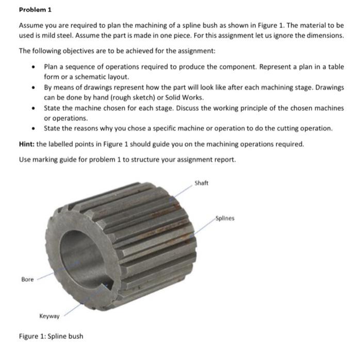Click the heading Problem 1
coord(35,10)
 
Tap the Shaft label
coord(201,183)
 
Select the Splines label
coord(224,218)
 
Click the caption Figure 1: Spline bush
coord(51,336)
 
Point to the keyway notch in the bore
coord(108,283)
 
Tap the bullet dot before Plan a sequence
coord(34,67)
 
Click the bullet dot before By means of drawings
coord(34,88)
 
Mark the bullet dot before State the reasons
coord(34,128)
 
